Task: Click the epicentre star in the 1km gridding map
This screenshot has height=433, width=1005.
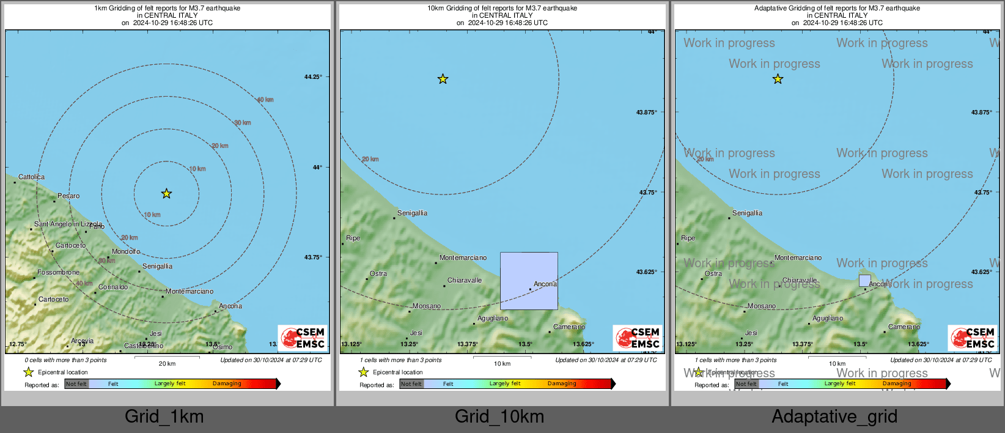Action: click(166, 194)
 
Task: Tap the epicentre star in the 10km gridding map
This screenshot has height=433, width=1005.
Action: click(443, 79)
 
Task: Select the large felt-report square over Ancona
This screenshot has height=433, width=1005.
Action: click(529, 281)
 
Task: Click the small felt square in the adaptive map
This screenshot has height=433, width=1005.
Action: click(864, 281)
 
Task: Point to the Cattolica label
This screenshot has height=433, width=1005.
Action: click(31, 177)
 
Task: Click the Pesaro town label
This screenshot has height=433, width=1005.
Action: click(68, 196)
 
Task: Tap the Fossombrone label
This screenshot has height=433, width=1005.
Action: click(58, 273)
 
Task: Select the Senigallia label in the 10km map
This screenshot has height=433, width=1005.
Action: click(412, 213)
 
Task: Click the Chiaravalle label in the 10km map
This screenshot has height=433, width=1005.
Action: click(465, 281)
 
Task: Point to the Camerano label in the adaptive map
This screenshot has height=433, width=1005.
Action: click(904, 327)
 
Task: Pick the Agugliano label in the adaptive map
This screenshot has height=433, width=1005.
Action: click(828, 319)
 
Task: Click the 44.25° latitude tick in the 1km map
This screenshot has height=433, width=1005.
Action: click(313, 77)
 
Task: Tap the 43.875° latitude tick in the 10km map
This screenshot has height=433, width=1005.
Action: click(647, 113)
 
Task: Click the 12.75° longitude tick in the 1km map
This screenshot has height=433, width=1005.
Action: click(18, 344)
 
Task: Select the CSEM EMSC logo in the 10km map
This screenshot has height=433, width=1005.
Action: click(638, 338)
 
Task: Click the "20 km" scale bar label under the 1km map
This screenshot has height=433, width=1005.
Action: click(167, 364)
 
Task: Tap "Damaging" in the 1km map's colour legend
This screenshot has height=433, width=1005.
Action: click(227, 384)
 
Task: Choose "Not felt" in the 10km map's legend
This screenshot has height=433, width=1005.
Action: click(411, 384)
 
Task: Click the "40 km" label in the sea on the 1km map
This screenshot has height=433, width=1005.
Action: click(265, 100)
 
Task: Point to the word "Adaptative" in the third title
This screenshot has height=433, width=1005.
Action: click(772, 9)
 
